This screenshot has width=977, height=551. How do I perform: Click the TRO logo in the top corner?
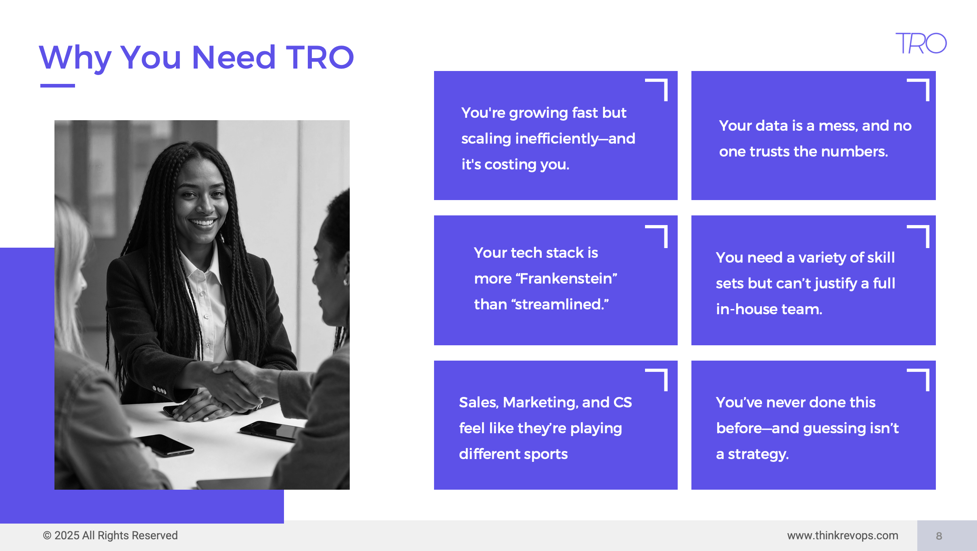click(921, 43)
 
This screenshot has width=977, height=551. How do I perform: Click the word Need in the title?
click(234, 57)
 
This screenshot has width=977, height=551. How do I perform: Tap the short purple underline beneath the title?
click(58, 86)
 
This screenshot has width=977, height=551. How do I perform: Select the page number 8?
click(939, 536)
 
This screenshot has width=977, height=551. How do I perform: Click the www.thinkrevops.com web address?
click(843, 535)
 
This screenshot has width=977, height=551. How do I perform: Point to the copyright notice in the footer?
click(110, 535)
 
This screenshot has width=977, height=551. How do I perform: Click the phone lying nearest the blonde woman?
click(166, 445)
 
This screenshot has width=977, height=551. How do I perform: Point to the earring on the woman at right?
click(346, 282)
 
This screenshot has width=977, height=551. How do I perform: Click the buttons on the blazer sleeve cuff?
click(159, 390)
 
